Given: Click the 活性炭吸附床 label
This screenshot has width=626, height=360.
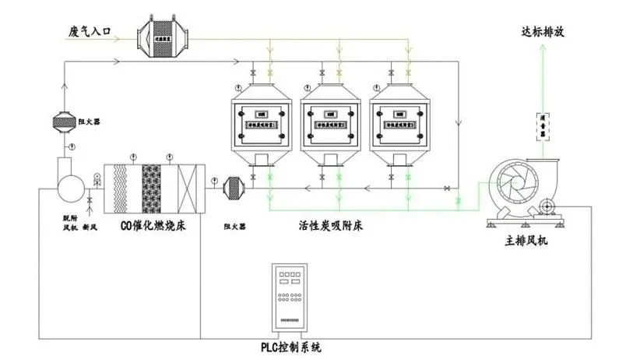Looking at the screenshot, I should tap(331, 226).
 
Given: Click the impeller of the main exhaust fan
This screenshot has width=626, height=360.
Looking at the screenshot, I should tap(513, 187).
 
